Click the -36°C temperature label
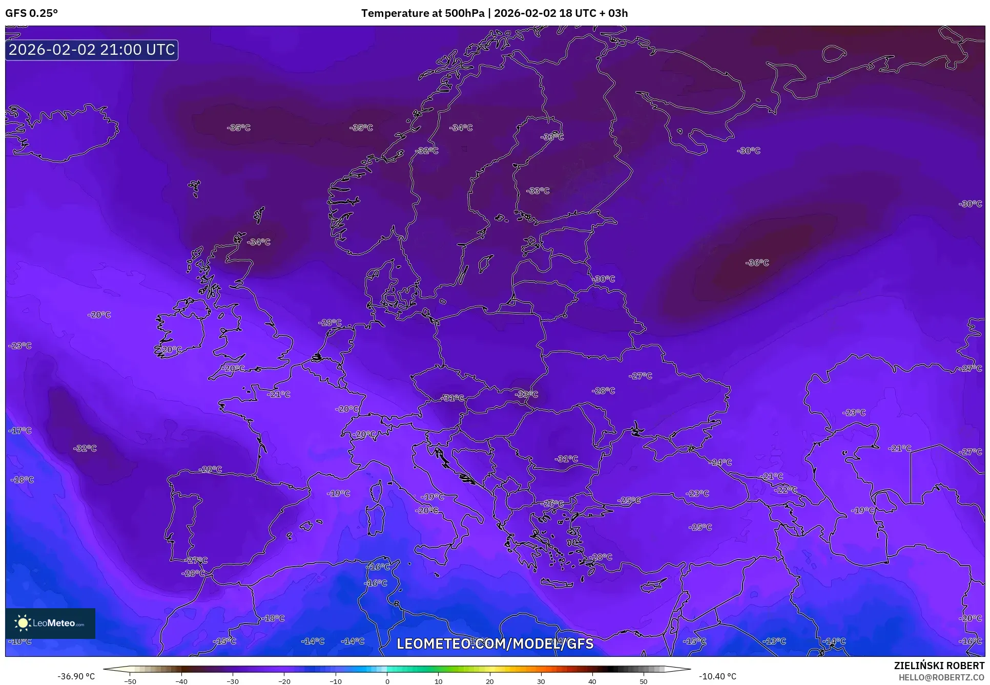coord(757,263)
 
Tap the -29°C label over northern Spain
coord(210,469)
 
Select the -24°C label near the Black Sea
coord(720,462)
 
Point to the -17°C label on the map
coord(20,431)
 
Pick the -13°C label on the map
coord(774,641)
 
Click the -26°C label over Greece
coord(552,504)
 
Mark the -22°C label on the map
coord(786,490)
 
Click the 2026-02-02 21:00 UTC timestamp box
coord(92,50)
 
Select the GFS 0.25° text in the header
coord(31,13)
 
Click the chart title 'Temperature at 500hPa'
coord(422,13)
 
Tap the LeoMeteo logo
coord(50,623)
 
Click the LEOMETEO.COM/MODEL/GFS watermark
coord(495,643)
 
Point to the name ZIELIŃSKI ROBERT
coord(939,666)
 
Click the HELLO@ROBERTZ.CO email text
coord(941,677)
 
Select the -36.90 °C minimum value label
coord(76,676)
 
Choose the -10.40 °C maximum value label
coord(717,676)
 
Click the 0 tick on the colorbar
coord(387,681)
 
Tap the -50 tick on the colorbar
coord(130,681)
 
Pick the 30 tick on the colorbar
coord(541,681)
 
